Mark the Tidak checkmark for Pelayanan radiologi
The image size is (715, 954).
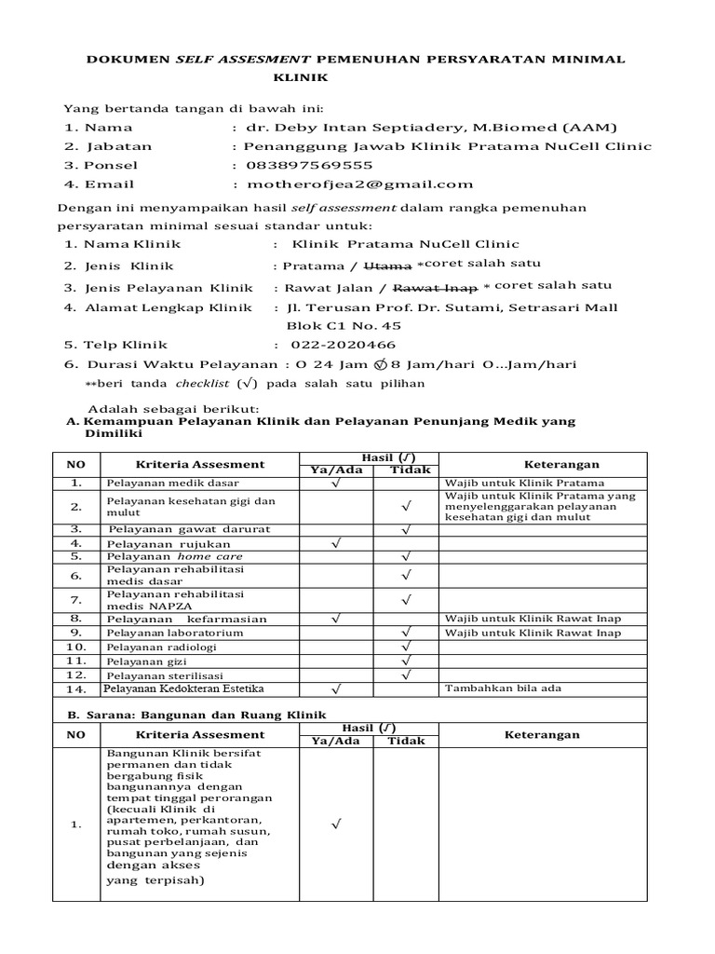click(407, 647)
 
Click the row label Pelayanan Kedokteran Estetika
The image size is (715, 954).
click(185, 688)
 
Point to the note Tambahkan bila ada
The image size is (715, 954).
click(503, 688)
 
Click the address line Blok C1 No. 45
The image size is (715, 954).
click(344, 326)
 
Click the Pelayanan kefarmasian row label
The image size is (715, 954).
click(186, 619)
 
